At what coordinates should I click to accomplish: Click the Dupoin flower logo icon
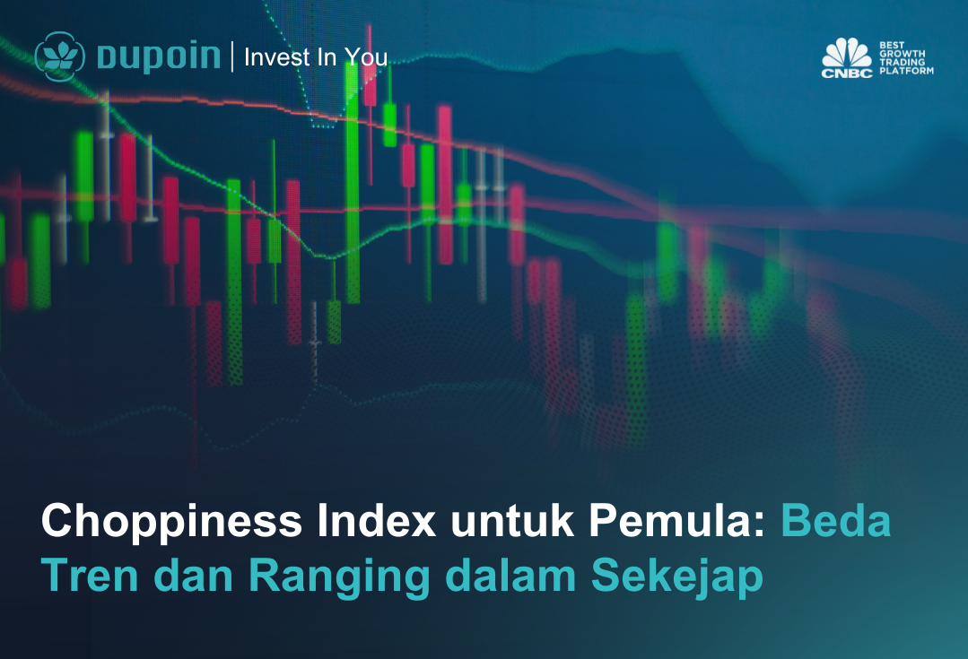pyautogui.click(x=60, y=56)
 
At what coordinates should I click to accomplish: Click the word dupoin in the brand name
pyautogui.click(x=159, y=56)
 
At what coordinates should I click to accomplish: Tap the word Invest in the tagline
pyautogui.click(x=277, y=56)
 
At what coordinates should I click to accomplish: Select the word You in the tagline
pyautogui.click(x=367, y=56)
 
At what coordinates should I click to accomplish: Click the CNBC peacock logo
pyautogui.click(x=847, y=58)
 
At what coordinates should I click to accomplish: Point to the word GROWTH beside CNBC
pyautogui.click(x=902, y=54)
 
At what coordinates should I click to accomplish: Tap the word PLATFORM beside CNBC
pyautogui.click(x=906, y=71)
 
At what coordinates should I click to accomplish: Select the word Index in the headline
pyautogui.click(x=377, y=521)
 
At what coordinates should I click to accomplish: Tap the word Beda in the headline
pyautogui.click(x=836, y=521)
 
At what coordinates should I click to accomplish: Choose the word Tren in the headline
pyautogui.click(x=90, y=575)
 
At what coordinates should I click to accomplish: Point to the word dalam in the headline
pyautogui.click(x=510, y=575)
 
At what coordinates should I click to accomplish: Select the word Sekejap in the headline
pyautogui.click(x=677, y=577)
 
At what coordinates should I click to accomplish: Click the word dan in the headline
pyautogui.click(x=193, y=575)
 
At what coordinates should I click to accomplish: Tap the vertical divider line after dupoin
pyautogui.click(x=232, y=56)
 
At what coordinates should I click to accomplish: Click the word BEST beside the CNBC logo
pyautogui.click(x=892, y=45)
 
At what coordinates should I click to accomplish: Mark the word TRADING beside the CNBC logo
pyautogui.click(x=902, y=63)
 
